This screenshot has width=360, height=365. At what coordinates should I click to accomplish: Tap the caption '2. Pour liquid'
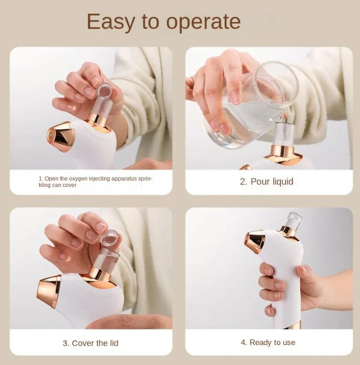[266, 182]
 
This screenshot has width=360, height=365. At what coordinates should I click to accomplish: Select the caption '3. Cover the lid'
[91, 343]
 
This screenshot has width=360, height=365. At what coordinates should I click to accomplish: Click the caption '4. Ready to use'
[268, 342]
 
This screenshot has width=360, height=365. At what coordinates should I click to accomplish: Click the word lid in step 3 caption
[113, 343]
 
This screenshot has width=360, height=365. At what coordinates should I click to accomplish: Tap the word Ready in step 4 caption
[260, 342]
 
